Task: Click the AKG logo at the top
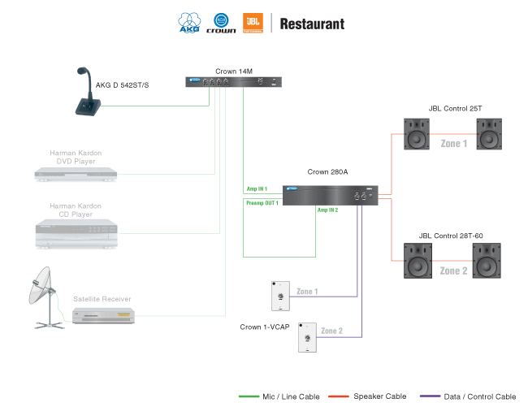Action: click(x=191, y=24)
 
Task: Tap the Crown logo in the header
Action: click(x=221, y=24)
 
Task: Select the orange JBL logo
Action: click(x=253, y=23)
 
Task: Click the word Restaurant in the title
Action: click(x=312, y=24)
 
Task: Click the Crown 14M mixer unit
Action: click(x=235, y=82)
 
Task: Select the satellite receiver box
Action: click(x=102, y=316)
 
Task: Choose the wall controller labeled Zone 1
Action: click(x=281, y=297)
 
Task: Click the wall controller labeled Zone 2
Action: click(x=306, y=336)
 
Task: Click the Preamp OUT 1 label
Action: click(x=262, y=203)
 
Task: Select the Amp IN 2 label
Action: click(x=327, y=210)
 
